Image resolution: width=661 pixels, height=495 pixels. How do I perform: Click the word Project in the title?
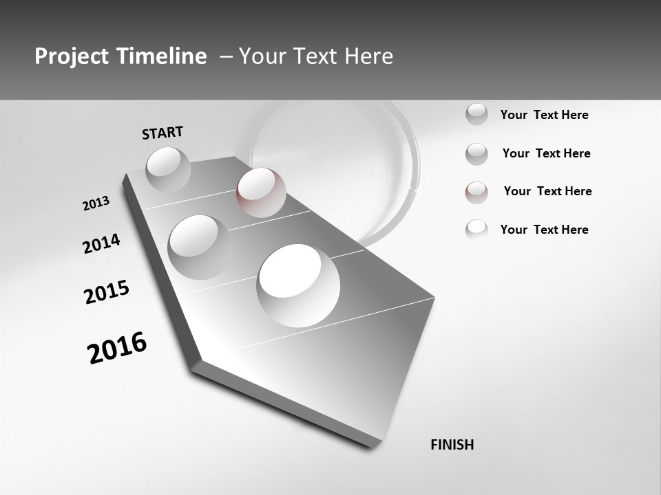click(73, 56)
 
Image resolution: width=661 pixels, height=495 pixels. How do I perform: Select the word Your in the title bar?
click(258, 56)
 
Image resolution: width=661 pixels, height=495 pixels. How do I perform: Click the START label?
click(162, 133)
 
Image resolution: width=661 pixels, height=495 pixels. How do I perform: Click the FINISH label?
click(452, 445)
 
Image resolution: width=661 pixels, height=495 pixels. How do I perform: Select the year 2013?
click(96, 203)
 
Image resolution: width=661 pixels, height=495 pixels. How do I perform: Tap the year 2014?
click(101, 243)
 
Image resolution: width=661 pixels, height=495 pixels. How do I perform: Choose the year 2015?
click(107, 292)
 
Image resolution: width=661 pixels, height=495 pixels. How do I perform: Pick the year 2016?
click(117, 347)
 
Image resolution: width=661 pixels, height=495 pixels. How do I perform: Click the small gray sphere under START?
click(168, 169)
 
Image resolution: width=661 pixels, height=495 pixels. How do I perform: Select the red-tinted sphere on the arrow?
click(261, 192)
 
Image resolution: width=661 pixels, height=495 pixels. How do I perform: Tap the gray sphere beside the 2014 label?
click(199, 246)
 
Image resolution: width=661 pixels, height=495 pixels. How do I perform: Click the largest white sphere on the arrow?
click(298, 285)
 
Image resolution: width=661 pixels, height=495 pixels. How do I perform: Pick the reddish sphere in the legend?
click(476, 192)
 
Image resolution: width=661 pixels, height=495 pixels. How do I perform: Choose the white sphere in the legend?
click(476, 230)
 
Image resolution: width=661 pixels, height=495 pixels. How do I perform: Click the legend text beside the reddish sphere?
click(547, 191)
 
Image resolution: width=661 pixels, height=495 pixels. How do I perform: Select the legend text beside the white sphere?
click(544, 230)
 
